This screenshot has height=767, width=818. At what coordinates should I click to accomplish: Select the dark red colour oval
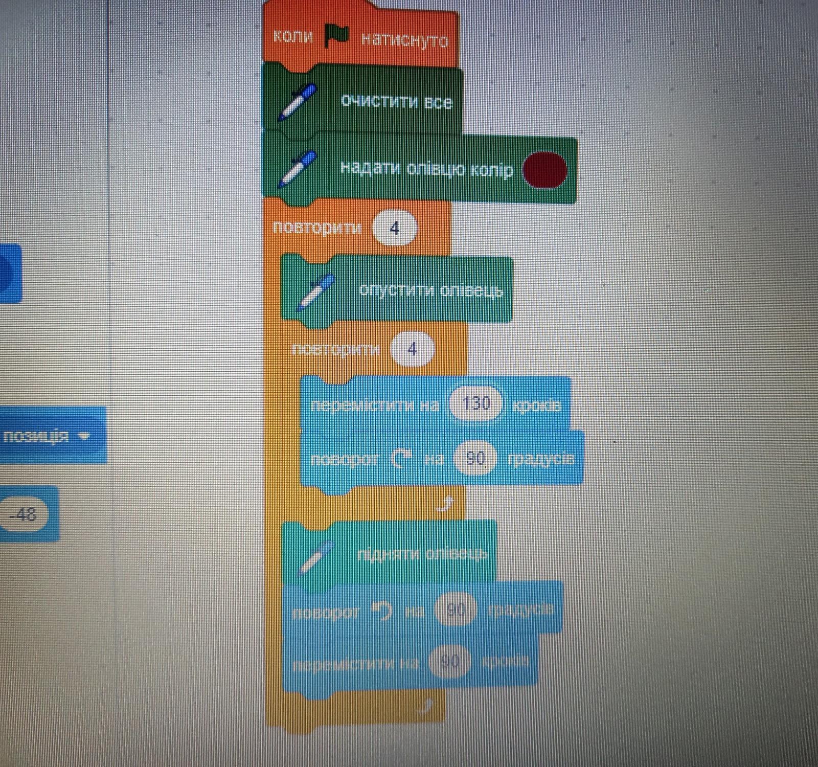tap(545, 170)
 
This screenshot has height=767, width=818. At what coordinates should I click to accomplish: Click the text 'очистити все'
tap(396, 101)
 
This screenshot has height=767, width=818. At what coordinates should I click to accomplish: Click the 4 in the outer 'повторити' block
tap(394, 228)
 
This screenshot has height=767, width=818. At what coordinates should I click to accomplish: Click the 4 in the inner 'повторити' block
tap(412, 349)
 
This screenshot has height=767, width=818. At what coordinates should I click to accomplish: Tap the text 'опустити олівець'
tap(430, 290)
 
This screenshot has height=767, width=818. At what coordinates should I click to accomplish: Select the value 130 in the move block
tap(476, 404)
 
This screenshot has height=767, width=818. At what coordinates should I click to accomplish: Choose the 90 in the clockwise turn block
tap(475, 458)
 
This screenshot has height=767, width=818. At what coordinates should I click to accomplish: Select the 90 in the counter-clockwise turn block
tap(456, 610)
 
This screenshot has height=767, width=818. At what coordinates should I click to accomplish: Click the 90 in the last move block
tap(450, 662)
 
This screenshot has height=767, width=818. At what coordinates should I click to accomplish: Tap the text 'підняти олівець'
tap(422, 554)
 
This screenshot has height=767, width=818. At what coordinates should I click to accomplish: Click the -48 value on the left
tap(24, 513)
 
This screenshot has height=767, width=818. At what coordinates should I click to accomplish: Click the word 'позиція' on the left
tap(36, 436)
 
